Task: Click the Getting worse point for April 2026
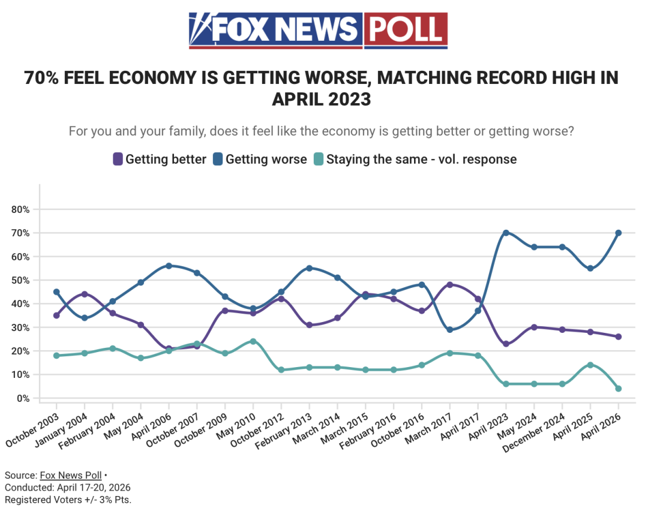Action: [x=618, y=233]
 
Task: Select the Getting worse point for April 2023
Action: [x=506, y=233]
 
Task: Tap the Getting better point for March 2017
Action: [x=449, y=285]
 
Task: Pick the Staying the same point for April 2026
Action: [x=618, y=389]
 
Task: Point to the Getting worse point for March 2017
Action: [x=449, y=330]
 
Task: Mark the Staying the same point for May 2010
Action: [x=253, y=341]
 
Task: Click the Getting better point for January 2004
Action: [x=85, y=294]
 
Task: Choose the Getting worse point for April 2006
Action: [x=169, y=266]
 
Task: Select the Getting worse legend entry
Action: [x=260, y=159]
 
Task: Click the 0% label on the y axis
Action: [x=23, y=398]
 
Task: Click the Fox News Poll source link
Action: [x=70, y=476]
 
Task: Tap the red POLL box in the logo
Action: [x=406, y=29]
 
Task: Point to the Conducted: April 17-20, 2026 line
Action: [x=67, y=488]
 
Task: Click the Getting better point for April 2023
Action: [x=506, y=344]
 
